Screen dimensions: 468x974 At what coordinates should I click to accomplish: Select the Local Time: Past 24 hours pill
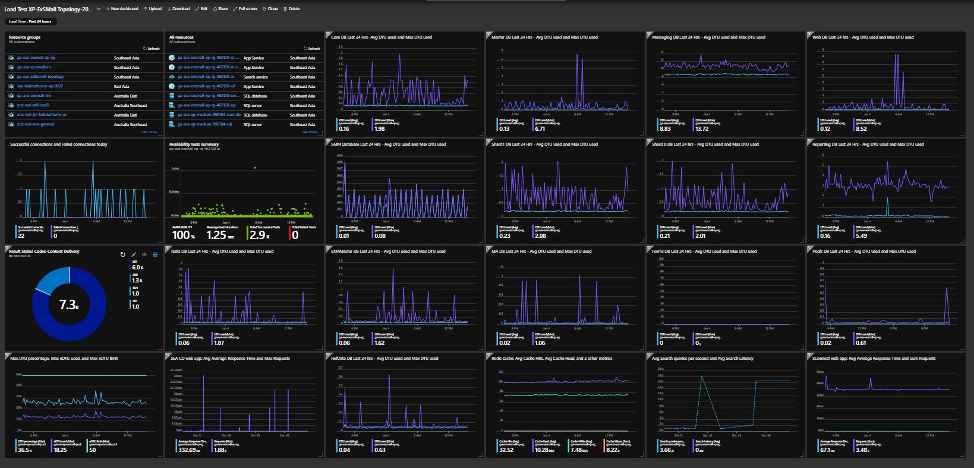click(x=30, y=21)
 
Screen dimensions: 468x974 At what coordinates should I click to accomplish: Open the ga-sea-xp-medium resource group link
click(x=34, y=67)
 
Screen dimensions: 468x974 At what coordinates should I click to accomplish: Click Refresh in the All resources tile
click(x=313, y=49)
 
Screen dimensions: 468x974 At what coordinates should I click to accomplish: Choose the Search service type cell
click(x=256, y=77)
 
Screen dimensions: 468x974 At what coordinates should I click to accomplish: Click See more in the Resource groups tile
click(x=150, y=132)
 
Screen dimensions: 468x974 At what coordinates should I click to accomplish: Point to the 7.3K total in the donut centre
click(x=69, y=304)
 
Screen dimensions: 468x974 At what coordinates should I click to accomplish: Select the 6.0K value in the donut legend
click(x=137, y=268)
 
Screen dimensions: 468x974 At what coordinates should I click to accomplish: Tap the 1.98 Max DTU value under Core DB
click(x=380, y=128)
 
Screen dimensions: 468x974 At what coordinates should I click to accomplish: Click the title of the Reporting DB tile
click(x=868, y=144)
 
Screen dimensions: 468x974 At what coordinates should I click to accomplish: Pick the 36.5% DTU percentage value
click(x=25, y=450)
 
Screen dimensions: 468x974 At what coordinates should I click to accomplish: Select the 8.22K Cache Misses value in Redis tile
click(x=612, y=450)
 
